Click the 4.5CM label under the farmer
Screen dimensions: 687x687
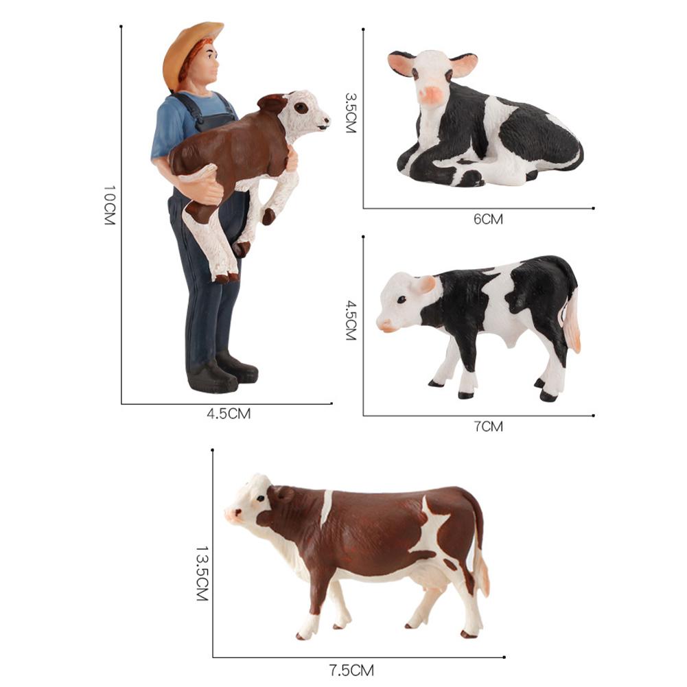pos(229,414)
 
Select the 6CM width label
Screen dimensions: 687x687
pos(488,219)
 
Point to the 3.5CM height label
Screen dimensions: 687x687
pos(351,113)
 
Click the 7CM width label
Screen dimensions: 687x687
pos(488,426)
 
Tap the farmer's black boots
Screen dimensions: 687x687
pos(220,375)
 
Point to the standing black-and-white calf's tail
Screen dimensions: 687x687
pos(572,323)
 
